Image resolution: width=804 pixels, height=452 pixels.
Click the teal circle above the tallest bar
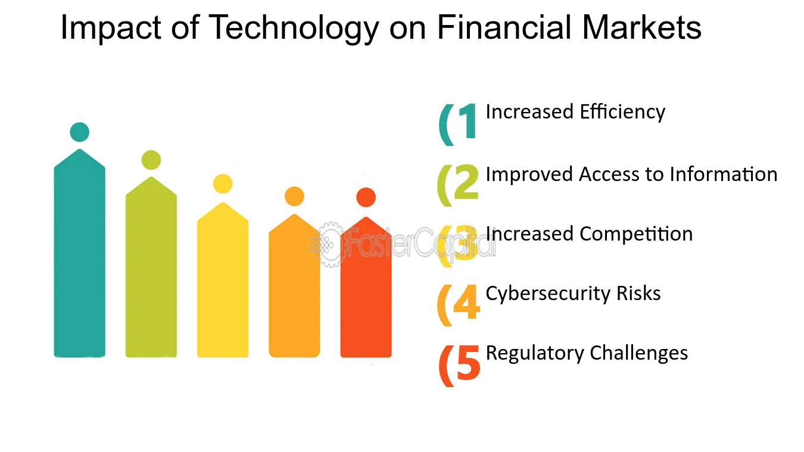[x=79, y=132]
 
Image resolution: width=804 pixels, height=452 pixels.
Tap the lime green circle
[x=151, y=160]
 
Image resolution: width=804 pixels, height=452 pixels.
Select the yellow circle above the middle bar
[x=223, y=184]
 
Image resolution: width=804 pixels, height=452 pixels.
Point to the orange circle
[x=294, y=197]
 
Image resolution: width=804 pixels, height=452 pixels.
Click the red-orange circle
[x=366, y=198]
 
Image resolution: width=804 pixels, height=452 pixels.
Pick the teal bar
[x=79, y=253]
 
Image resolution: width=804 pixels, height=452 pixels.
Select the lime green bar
[x=151, y=267]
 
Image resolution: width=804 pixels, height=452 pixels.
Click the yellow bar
[x=223, y=280]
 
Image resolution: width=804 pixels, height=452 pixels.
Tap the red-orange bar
[x=366, y=287]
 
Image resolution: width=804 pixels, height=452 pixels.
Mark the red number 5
[x=468, y=362]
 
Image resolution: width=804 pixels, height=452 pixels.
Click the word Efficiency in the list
[x=622, y=113]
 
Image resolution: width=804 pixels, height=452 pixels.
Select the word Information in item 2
[x=724, y=174]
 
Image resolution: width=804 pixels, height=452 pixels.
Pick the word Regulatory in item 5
[x=535, y=354]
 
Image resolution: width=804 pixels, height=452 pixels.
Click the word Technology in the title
[x=294, y=29]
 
